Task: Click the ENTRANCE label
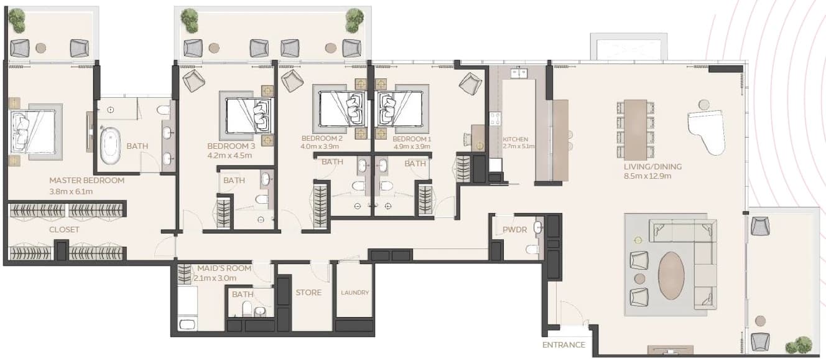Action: coord(564,345)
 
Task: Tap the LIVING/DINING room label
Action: coord(652,166)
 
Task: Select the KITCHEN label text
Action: coord(516,139)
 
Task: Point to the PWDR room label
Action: coord(515,230)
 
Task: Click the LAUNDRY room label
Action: coord(355,293)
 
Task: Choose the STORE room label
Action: coord(309,293)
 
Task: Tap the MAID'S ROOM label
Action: coord(224,268)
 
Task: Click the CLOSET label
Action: coord(64,230)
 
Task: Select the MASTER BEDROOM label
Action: coord(86,181)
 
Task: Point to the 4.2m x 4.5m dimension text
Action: coord(230,156)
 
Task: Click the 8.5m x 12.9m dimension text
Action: coord(647,176)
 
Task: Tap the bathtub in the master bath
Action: coord(110,146)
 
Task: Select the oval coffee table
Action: coord(672,275)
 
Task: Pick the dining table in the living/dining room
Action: coord(635,130)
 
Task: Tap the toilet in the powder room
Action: coord(532,250)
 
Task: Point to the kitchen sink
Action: coord(519,73)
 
